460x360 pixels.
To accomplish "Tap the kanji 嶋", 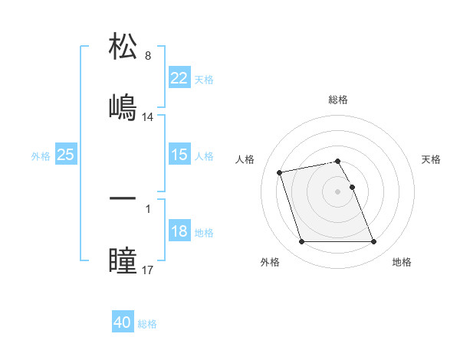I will [123, 106].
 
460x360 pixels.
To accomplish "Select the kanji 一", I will [123, 198].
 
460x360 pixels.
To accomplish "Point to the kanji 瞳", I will [123, 259].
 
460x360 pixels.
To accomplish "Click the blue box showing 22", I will [179, 78].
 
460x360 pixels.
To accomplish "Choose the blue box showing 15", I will [179, 155].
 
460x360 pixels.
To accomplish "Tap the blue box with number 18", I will [179, 231].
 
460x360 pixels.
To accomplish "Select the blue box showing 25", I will [65, 155].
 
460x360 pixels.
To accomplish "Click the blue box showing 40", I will [123, 322].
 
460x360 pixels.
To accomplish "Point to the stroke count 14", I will [148, 117].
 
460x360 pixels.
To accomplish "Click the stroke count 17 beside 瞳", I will [148, 270].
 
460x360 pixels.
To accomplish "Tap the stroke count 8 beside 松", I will [148, 56].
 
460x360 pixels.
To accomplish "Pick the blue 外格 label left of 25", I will [41, 155].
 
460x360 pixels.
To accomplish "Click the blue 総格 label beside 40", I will [147, 323].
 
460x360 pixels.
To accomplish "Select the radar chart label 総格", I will [338, 100].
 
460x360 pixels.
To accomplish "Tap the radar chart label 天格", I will [432, 159].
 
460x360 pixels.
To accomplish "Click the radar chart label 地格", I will [402, 262].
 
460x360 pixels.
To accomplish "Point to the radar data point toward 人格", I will [280, 172].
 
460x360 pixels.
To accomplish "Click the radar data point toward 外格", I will [301, 242].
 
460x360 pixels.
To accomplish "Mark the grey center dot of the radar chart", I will [338, 191].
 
